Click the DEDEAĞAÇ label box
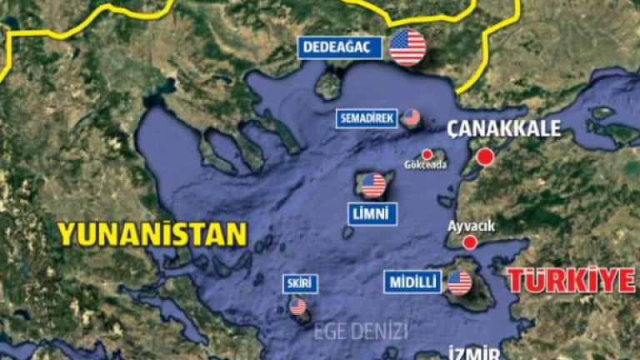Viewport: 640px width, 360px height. pos(340,48)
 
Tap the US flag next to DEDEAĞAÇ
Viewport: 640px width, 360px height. pos(407,47)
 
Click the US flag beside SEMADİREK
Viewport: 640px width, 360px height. pos(411,117)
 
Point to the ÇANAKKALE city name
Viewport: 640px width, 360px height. pos(504,129)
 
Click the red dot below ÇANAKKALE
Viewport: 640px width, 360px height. pos(484,157)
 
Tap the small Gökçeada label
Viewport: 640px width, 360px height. pos(425,165)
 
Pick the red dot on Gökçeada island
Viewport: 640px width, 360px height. pos(427,154)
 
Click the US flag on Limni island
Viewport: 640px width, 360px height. pos(373,184)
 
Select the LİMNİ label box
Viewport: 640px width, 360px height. pos(372,215)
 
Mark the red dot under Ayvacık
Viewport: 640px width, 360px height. pos(470,242)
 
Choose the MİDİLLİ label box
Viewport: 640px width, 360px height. pos(412,282)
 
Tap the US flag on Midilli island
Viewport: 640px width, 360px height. pos(459,282)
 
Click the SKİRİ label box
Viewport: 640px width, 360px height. pos(299,284)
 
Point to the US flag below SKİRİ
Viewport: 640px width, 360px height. pos(297,307)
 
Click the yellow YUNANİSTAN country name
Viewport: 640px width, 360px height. pos(152,234)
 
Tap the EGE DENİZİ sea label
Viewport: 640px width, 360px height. pos(360,331)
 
